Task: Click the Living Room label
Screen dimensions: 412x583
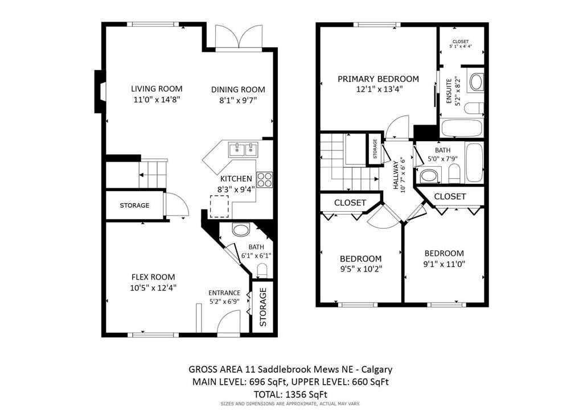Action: point(157,88)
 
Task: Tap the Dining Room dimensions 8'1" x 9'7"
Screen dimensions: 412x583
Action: point(238,100)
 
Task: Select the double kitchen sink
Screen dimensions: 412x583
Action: point(243,150)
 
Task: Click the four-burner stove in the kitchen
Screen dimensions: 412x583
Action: point(264,180)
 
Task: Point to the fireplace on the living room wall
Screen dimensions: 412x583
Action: point(99,91)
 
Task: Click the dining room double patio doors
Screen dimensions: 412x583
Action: point(239,39)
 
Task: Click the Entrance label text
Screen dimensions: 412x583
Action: point(224,293)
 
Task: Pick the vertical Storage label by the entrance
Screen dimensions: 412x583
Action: point(263,307)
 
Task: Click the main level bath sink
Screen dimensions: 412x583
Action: point(241,231)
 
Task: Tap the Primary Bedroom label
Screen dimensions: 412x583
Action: point(378,79)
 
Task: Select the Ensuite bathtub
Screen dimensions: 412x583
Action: point(462,128)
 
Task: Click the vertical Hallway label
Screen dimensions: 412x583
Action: point(396,176)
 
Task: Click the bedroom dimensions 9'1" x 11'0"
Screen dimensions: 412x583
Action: point(444,264)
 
